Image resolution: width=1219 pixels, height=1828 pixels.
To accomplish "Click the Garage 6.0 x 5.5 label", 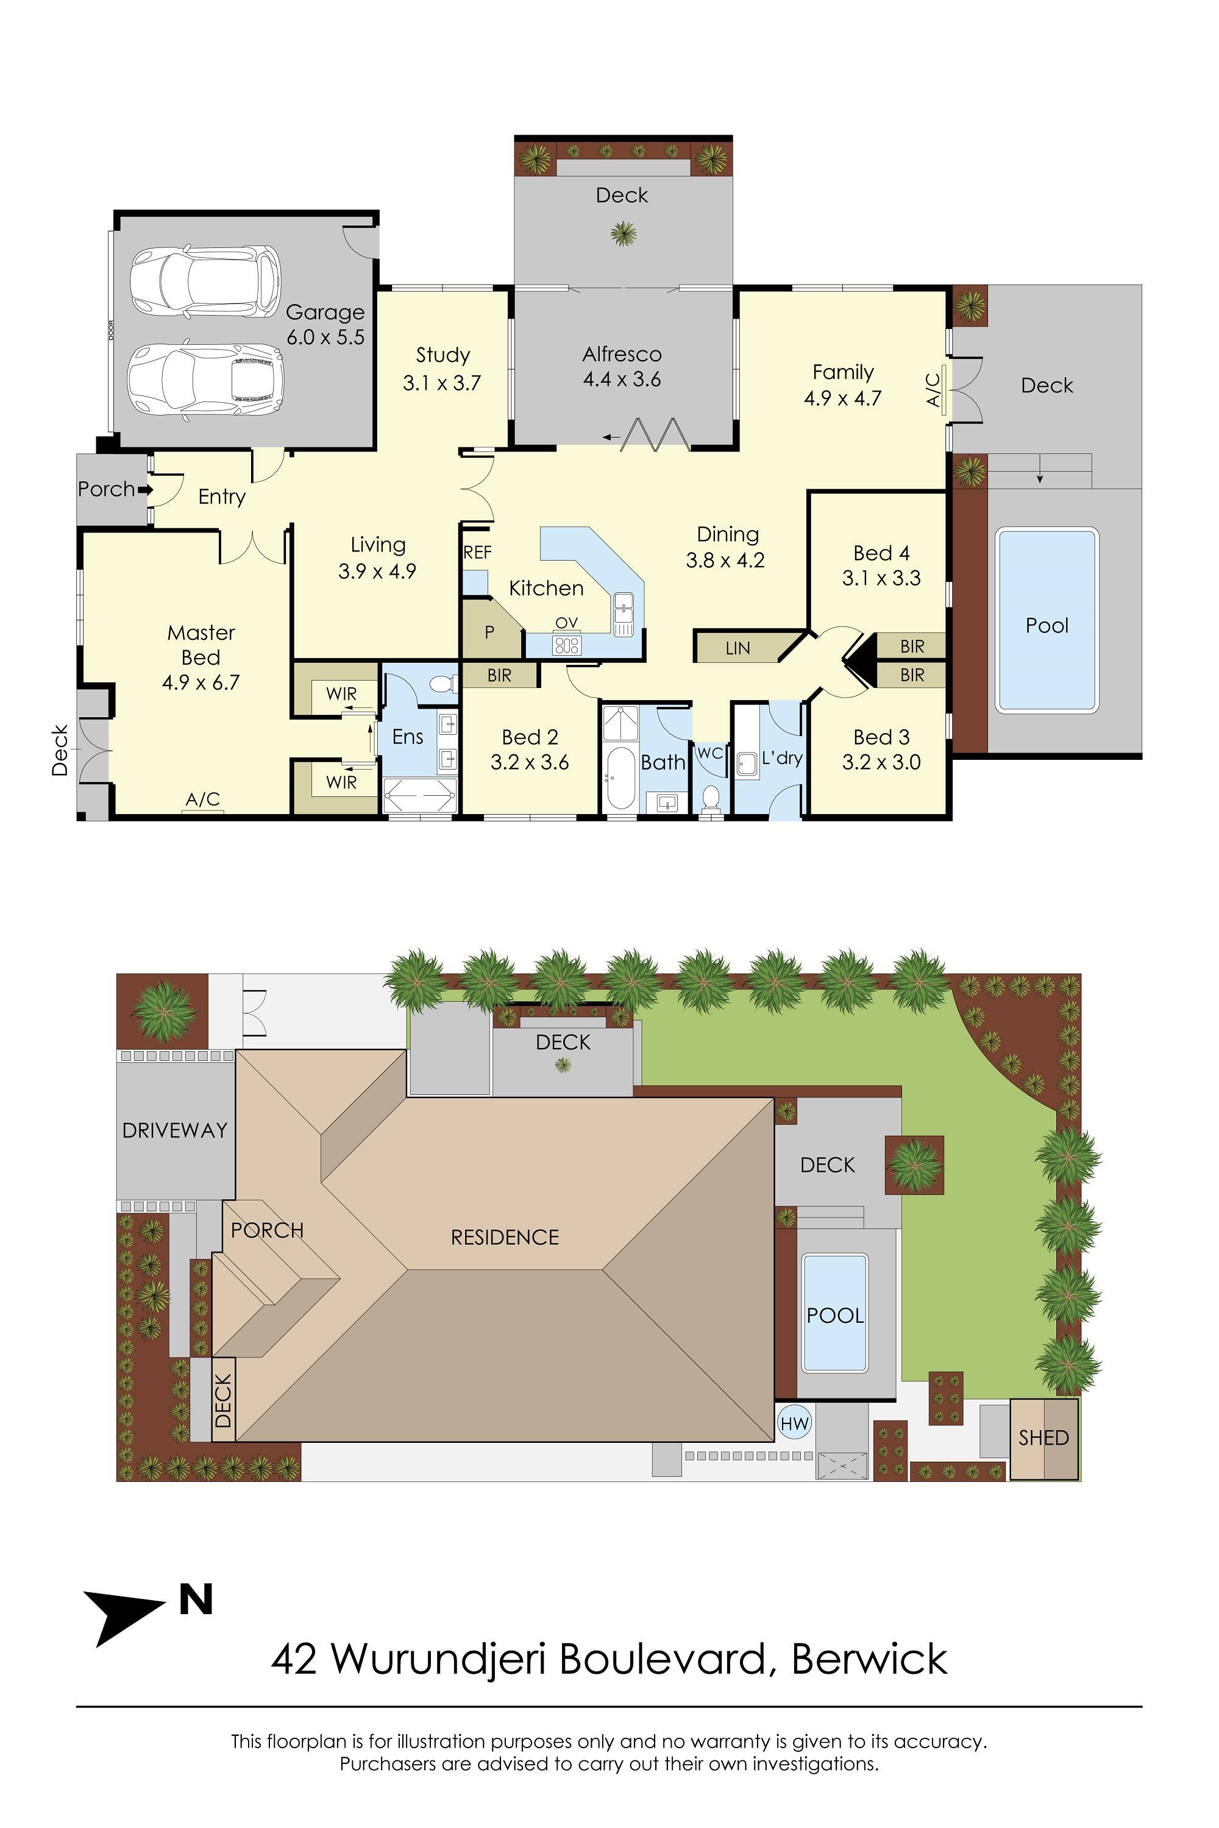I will pyautogui.click(x=325, y=324).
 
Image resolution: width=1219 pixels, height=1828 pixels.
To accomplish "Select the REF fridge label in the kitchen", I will pyautogui.click(x=477, y=553).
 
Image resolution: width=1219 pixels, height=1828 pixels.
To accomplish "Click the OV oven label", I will pyautogui.click(x=567, y=623).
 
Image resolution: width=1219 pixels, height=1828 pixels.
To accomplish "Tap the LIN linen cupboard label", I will pyautogui.click(x=737, y=648).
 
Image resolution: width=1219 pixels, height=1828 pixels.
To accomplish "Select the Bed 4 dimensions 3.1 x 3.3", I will pyautogui.click(x=881, y=578).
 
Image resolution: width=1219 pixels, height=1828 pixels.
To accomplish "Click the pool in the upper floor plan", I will pyautogui.click(x=1047, y=620).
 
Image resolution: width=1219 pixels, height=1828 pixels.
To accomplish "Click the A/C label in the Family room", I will pyautogui.click(x=934, y=389).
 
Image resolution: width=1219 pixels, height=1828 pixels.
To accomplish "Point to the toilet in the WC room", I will pyautogui.click(x=711, y=798).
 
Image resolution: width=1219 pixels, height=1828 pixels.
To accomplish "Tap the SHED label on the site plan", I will pyautogui.click(x=1043, y=1438).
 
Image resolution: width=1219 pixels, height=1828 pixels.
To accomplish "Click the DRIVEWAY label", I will pyautogui.click(x=175, y=1130).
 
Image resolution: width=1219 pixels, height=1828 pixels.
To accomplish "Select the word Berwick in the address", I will pyautogui.click(x=869, y=1659).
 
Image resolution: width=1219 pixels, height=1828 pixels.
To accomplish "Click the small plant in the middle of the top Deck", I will pyautogui.click(x=623, y=232).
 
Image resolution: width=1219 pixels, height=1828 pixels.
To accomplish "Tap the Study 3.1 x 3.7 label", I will pyautogui.click(x=442, y=369).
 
